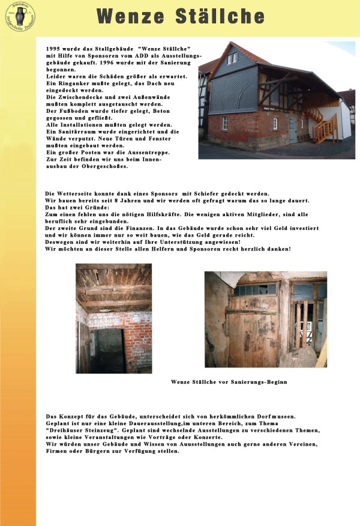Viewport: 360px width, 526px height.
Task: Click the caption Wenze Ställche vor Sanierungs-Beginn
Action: point(229,382)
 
